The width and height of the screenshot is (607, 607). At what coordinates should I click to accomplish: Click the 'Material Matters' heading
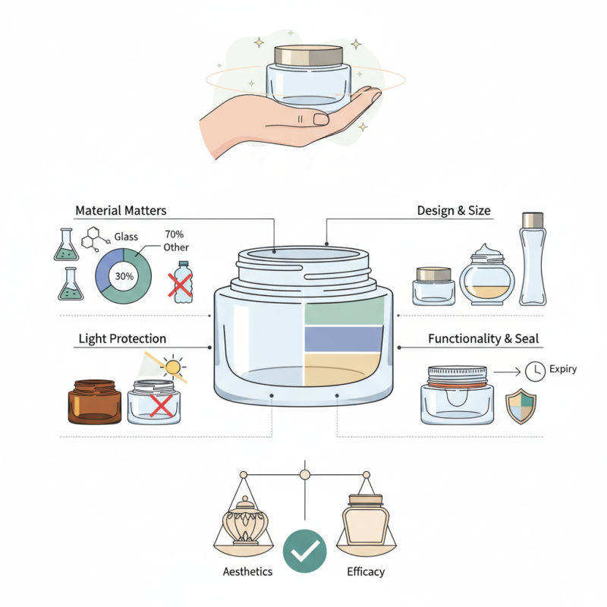121,210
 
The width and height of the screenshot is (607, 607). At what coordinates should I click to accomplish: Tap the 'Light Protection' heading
122,338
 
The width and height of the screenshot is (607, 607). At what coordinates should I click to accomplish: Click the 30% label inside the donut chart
124,276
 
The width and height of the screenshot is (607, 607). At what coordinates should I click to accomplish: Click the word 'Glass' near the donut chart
126,237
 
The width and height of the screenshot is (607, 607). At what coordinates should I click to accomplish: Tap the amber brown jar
94,402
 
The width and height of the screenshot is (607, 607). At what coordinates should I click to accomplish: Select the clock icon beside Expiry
535,371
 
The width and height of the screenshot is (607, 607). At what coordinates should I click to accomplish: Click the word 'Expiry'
564,370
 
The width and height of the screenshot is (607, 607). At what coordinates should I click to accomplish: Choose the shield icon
521,407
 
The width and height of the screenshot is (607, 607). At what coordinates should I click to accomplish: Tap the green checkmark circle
304,551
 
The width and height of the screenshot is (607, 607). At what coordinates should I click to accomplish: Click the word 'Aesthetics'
247,571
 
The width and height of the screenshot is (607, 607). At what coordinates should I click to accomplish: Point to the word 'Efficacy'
365,571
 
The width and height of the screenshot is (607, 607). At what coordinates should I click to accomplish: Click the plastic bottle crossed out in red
182,282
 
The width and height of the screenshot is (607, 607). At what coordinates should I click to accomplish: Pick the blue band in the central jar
344,338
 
